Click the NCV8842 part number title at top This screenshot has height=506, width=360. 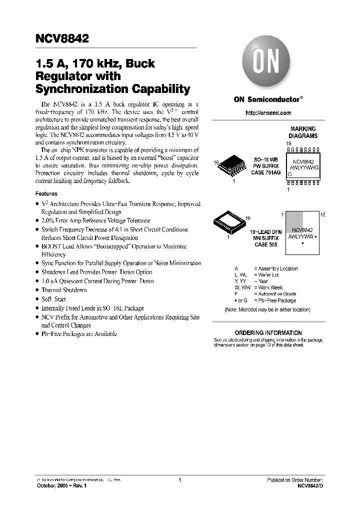[x=62, y=38]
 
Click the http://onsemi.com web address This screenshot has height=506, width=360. [x=268, y=113]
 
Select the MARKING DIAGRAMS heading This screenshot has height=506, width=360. [x=303, y=132]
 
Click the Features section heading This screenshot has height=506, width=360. [x=46, y=193]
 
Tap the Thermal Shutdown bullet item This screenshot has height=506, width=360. [x=64, y=290]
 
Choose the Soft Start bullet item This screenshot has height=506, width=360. [x=54, y=299]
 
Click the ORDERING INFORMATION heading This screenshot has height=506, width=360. [x=268, y=332]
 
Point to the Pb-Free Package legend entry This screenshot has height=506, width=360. [x=274, y=300]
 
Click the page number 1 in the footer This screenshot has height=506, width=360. [x=179, y=480]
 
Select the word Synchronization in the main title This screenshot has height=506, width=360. [x=82, y=89]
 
